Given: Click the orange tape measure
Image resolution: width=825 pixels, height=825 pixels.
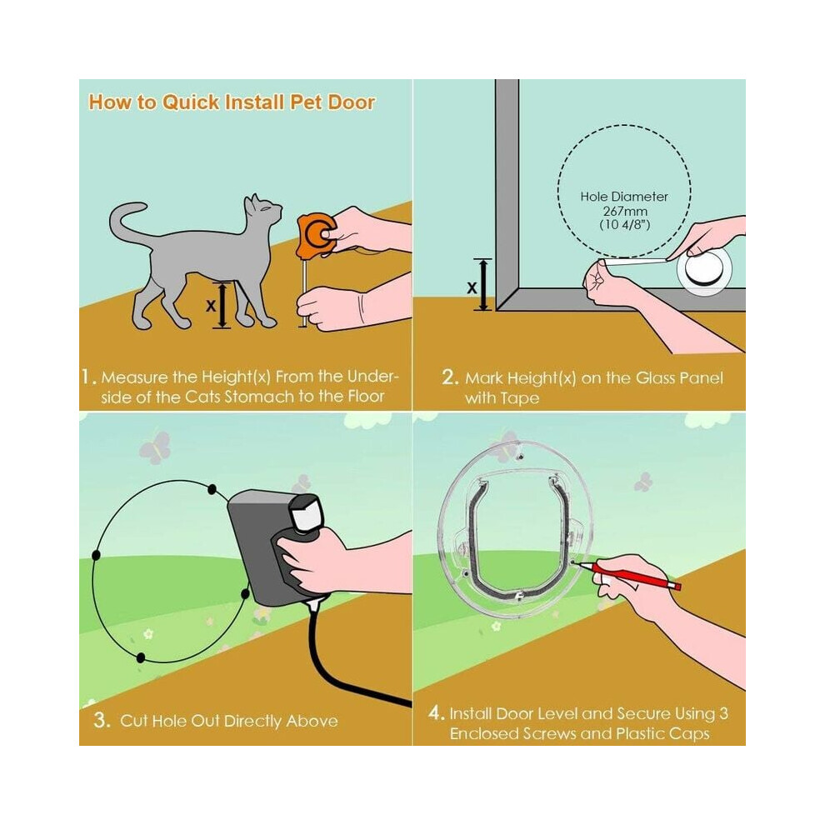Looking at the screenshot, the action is click(316, 235).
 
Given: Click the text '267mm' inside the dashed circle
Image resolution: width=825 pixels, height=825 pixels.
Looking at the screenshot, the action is click(624, 211).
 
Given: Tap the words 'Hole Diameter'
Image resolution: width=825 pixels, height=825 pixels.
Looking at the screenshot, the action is click(624, 197).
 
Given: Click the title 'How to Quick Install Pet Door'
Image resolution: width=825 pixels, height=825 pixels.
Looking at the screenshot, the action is click(232, 102).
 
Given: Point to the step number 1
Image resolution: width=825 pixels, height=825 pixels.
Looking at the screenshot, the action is click(87, 377).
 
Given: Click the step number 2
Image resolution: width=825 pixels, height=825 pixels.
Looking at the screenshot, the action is click(450, 377).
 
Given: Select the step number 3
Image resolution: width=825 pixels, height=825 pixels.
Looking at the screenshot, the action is click(102, 719).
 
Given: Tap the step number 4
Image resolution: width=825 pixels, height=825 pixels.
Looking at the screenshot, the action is click(436, 713).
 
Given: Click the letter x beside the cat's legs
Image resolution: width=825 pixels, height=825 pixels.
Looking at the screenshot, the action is click(211, 305).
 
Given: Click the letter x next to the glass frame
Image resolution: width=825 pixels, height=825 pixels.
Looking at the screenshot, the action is click(472, 287).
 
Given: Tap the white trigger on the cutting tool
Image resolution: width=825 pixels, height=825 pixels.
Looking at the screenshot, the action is click(306, 513).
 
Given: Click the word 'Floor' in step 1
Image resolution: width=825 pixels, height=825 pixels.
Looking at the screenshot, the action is click(366, 396).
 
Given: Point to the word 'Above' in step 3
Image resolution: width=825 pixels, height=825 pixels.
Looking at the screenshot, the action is click(312, 720).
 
